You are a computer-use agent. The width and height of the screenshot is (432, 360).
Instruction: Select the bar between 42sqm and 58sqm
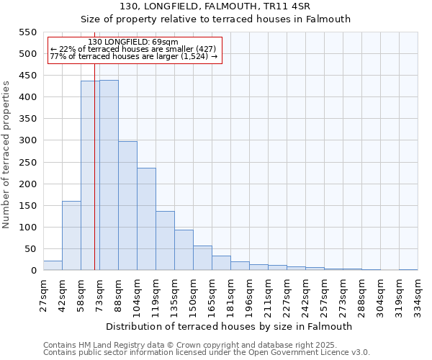tap(71, 235)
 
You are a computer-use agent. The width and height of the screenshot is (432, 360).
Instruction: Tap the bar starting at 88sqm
tap(127, 205)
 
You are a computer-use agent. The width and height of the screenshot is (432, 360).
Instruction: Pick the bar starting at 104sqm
tap(146, 219)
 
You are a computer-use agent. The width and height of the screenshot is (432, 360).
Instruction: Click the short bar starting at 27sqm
tap(53, 266)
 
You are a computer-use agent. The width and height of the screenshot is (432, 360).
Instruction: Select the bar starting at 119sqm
tap(165, 240)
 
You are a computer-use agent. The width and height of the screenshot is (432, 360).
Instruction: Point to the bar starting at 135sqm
tap(184, 250)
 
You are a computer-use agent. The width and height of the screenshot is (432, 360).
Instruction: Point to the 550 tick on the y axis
tap(27, 32)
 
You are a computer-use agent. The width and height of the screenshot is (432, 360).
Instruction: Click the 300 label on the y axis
tap(27, 141)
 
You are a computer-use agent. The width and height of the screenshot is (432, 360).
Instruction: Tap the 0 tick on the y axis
tap(33, 271)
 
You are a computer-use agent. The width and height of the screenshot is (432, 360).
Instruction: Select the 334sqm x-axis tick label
tap(418, 295)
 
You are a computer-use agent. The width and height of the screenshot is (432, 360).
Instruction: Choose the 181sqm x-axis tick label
tap(230, 295)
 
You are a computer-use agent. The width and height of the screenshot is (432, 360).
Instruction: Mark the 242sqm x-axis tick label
tap(305, 295)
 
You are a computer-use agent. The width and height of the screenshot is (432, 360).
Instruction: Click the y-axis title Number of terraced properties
tap(6, 155)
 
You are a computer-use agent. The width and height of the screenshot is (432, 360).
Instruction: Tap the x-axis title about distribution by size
tap(229, 326)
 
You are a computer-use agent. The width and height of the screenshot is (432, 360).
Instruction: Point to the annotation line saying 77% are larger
tap(134, 57)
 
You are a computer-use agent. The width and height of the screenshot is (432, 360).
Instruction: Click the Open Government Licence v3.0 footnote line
tap(207, 353)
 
